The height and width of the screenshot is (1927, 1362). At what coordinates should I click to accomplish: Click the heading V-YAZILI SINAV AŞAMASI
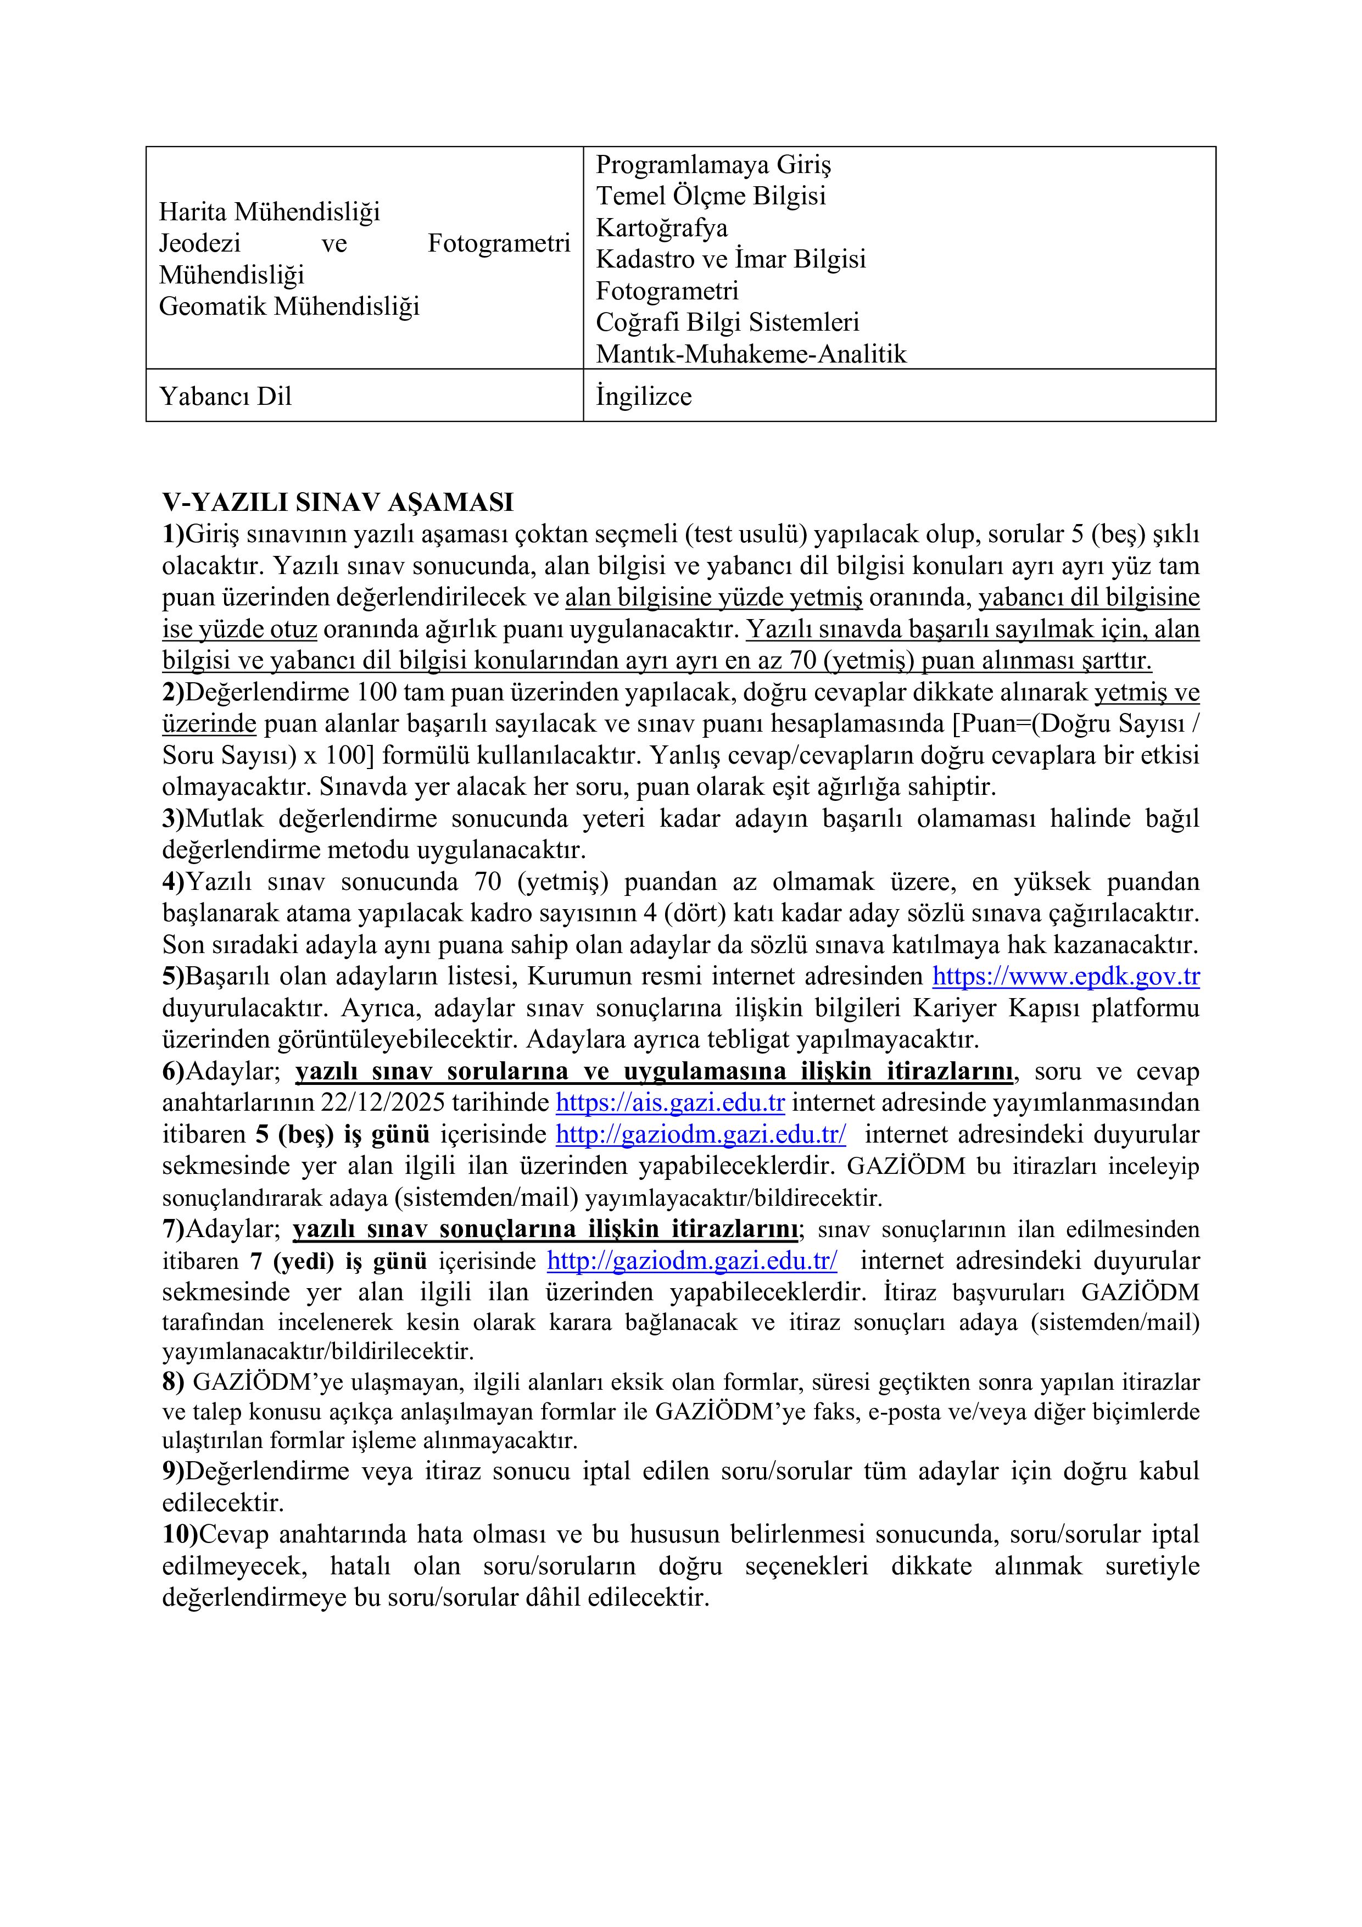pyautogui.click(x=337, y=503)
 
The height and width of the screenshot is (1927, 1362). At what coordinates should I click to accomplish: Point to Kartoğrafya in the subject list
pyautogui.click(x=661, y=227)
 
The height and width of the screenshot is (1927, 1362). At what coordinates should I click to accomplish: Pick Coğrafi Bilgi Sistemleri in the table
pyautogui.click(x=728, y=322)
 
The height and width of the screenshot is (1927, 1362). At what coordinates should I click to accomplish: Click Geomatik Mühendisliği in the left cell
pyautogui.click(x=289, y=307)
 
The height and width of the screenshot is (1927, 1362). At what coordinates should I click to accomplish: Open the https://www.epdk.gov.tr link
pyautogui.click(x=1066, y=977)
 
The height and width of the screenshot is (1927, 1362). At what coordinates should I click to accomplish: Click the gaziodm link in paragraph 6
pyautogui.click(x=701, y=1135)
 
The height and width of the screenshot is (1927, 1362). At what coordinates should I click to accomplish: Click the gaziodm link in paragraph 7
pyautogui.click(x=691, y=1261)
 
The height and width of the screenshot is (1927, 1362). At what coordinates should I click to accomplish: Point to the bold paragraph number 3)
pyautogui.click(x=173, y=818)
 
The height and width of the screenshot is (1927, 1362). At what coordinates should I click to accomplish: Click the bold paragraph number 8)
pyautogui.click(x=173, y=1382)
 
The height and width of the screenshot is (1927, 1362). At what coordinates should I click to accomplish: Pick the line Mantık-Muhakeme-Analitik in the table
pyautogui.click(x=751, y=354)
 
